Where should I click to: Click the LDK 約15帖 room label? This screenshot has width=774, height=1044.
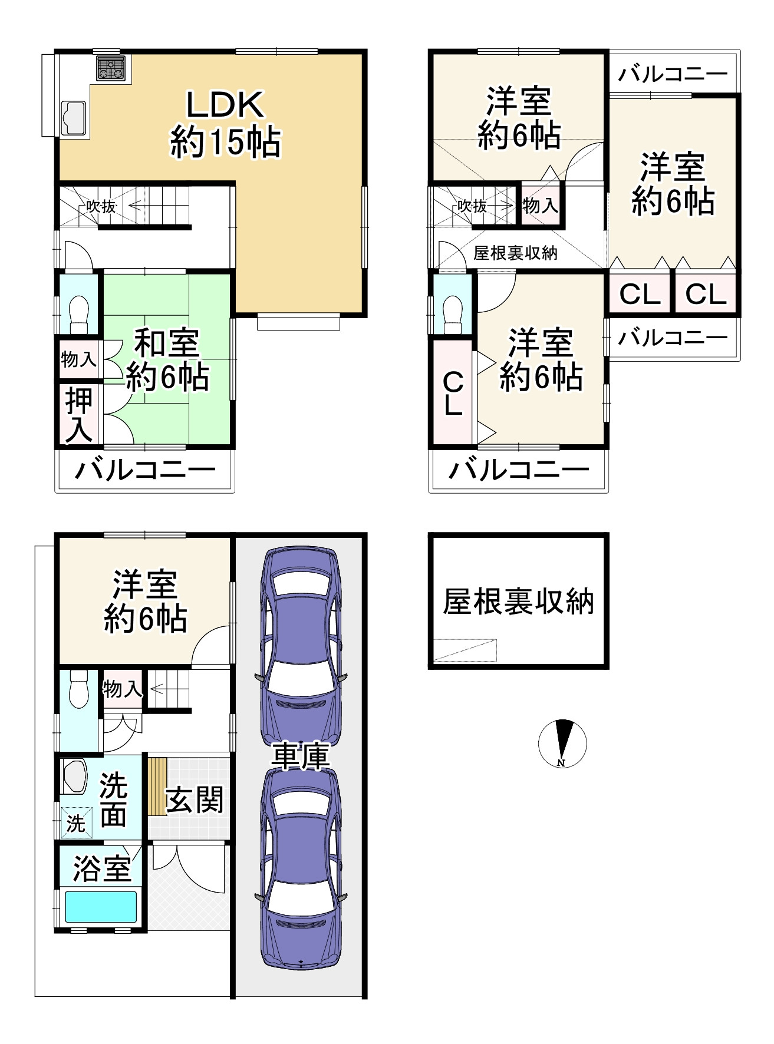[x=225, y=124]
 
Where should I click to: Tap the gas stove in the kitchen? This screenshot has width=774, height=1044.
[x=111, y=68]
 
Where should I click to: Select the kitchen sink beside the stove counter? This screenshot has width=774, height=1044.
[x=74, y=118]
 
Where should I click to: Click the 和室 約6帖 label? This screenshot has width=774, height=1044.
[x=167, y=359]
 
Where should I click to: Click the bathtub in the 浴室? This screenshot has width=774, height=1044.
[x=100, y=906]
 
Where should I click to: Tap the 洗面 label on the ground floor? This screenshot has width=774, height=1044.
[x=113, y=799]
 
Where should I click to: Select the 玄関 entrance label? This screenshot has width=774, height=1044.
[x=195, y=799]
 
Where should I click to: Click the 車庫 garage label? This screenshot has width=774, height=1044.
[x=300, y=756]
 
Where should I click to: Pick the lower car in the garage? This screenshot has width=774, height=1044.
[x=301, y=869]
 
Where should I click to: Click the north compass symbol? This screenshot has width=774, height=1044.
[x=562, y=743]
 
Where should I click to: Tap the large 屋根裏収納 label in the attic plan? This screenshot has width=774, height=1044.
[x=518, y=602]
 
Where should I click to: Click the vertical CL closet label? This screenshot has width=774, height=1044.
[x=453, y=394]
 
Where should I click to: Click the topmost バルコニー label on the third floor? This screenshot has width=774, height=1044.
[x=673, y=75]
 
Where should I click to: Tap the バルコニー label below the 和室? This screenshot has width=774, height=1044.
[x=145, y=470]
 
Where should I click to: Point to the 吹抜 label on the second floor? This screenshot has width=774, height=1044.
[x=101, y=206]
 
